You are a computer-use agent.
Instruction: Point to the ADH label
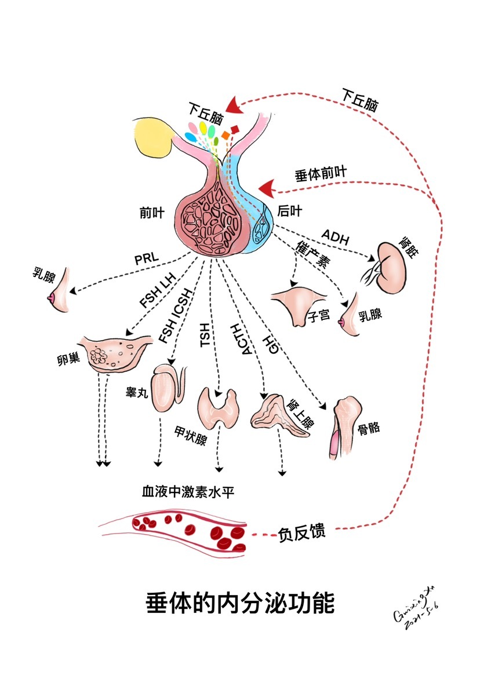click(335, 236)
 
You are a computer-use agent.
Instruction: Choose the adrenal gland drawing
click(277, 414)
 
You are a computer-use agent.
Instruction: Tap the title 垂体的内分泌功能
click(239, 603)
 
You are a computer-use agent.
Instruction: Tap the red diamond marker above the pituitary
click(234, 128)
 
